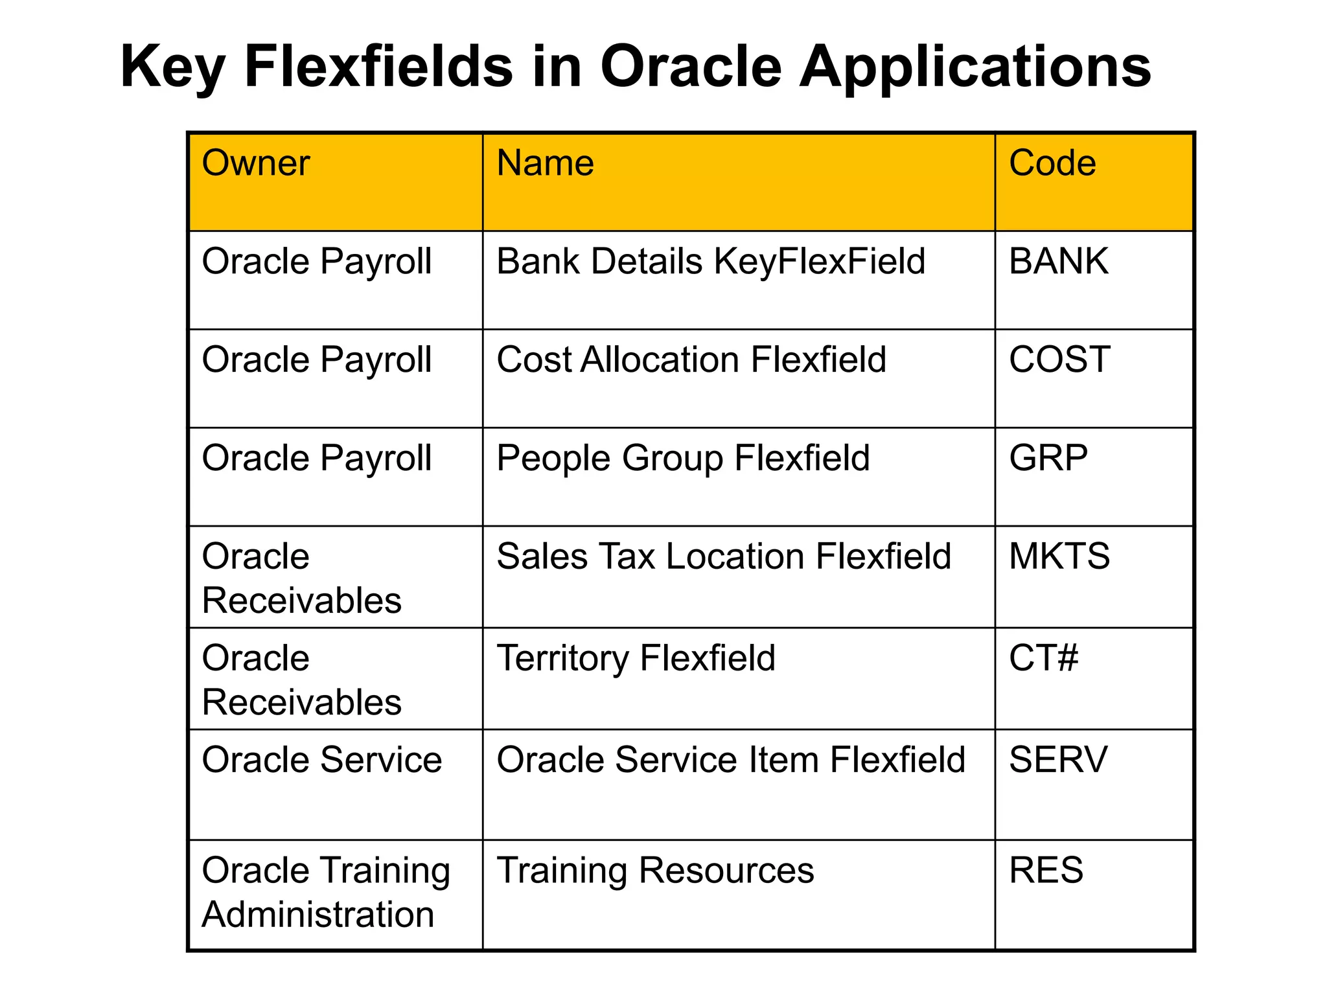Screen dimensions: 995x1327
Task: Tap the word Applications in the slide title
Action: click(x=975, y=68)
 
